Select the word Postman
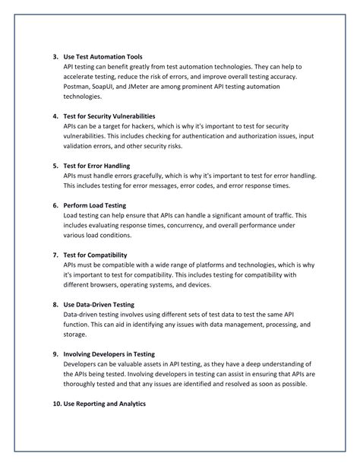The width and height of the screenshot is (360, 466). point(78,87)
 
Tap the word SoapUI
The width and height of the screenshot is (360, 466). point(115,87)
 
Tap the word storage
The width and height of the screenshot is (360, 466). point(75,334)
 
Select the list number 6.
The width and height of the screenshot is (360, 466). point(55,205)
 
